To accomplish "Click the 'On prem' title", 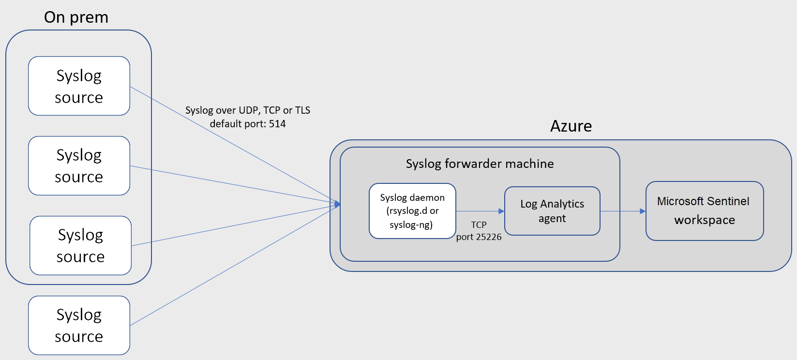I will [x=76, y=17].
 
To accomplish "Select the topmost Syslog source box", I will [x=79, y=86].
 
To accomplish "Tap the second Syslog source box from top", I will [x=79, y=166].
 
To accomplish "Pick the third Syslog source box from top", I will [x=80, y=246].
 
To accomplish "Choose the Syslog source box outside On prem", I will [x=79, y=325].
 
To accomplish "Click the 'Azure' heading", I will [x=571, y=126].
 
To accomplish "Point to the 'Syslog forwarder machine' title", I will [x=480, y=164].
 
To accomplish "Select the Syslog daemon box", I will [x=412, y=211].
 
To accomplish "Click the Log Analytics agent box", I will [x=552, y=211].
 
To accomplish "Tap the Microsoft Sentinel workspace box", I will [x=704, y=211].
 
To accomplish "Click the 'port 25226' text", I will [x=479, y=237].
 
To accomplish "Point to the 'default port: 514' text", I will [x=248, y=124].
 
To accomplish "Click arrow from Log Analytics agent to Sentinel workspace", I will [x=622, y=211].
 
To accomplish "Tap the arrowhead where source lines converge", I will [x=338, y=204].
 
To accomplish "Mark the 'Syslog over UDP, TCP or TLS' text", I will [x=248, y=110].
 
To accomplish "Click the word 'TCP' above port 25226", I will [x=479, y=225].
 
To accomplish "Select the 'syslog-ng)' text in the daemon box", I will [x=411, y=225].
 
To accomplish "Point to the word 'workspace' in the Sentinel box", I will [x=704, y=220].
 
